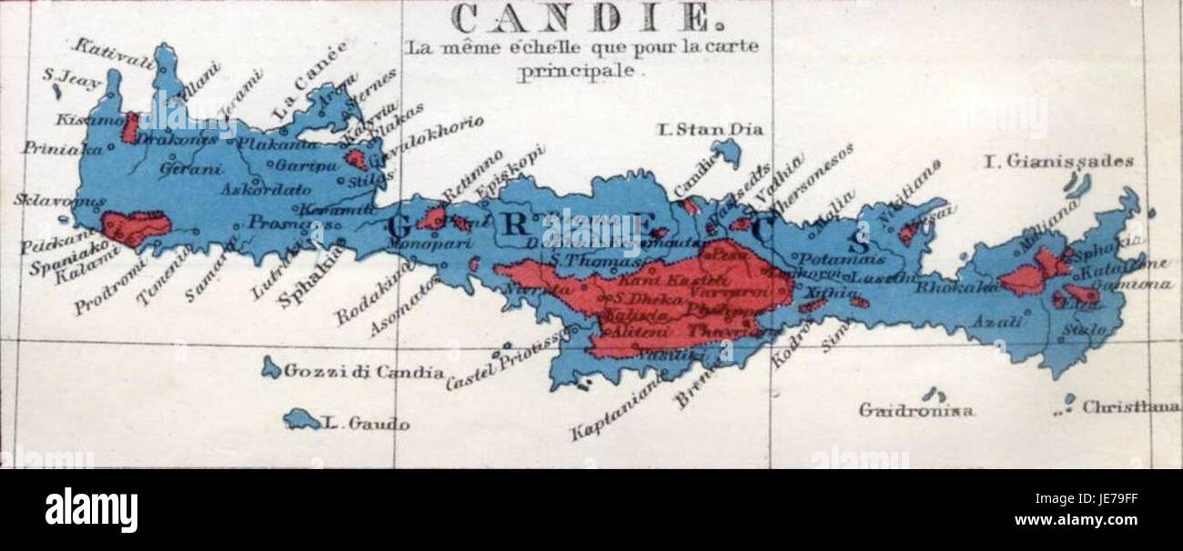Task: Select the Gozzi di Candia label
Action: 364,372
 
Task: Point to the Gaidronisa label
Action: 915,410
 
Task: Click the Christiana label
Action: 1131,407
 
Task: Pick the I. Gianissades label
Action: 1059,162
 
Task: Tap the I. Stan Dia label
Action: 709,129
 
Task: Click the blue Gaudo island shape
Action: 300,419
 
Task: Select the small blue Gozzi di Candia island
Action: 270,367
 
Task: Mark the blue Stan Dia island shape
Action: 726,151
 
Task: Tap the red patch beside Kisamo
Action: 131,127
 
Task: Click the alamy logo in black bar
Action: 91,510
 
